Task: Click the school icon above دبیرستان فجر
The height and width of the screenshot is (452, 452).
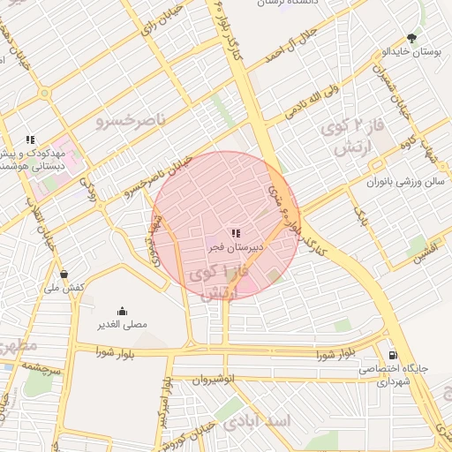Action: [x=235, y=233]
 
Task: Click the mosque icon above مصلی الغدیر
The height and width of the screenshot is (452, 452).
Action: [x=122, y=311]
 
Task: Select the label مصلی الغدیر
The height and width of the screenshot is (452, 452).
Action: [x=122, y=325]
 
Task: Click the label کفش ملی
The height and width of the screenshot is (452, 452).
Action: [x=65, y=288]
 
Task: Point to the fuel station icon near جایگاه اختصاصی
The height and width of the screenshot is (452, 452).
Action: [x=392, y=355]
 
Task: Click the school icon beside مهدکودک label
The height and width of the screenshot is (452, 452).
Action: [x=30, y=139]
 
